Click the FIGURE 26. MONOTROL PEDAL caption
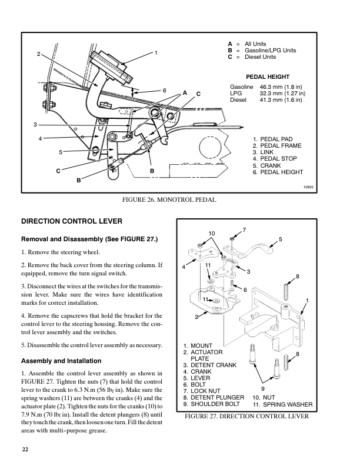pos(169,200)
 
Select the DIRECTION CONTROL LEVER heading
pos(71,222)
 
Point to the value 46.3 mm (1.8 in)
pos(281,86)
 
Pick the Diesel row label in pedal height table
pos(238,100)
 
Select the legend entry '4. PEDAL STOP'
pos(275,159)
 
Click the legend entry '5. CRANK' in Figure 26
pos(268,165)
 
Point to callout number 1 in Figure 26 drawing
pos(156,54)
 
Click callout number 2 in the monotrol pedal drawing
pos(38,55)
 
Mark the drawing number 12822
pos(308,187)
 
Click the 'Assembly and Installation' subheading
pos(61,361)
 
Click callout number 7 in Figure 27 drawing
pos(244,228)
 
